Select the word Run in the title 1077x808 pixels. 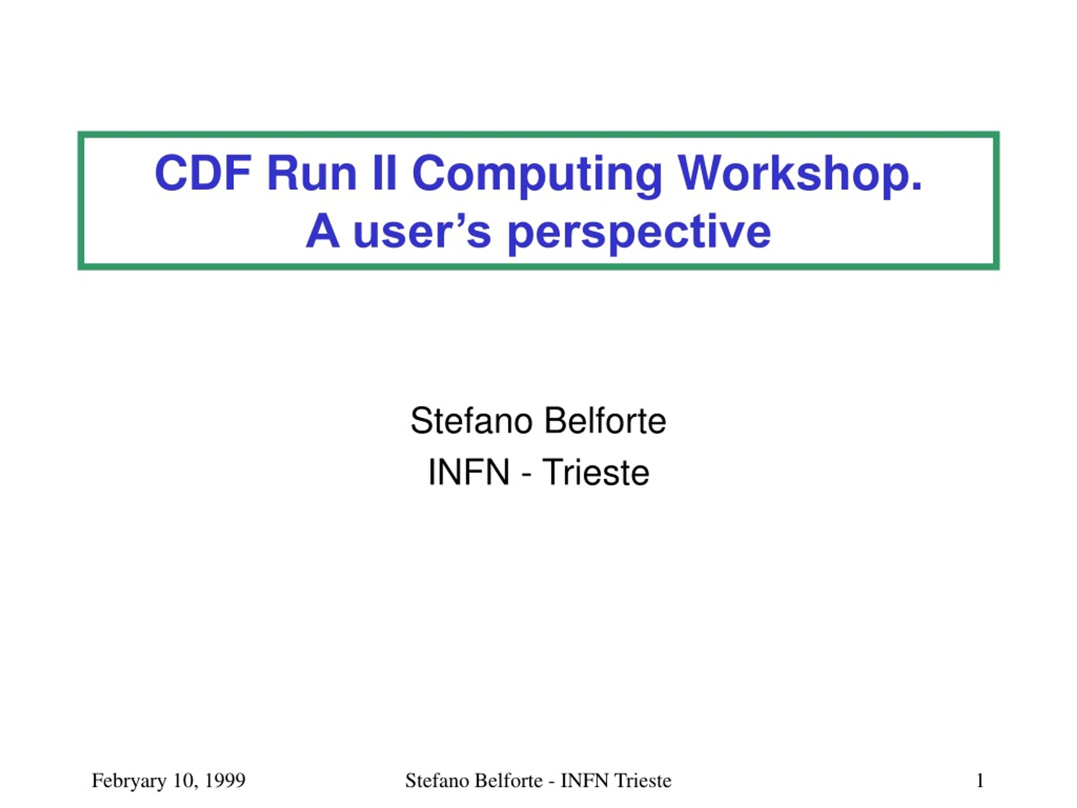pos(312,173)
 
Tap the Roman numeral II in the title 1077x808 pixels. pos(384,173)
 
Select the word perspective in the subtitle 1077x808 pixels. pos(639,234)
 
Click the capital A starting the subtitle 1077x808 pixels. pos(322,231)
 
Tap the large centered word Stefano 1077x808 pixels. pos(471,421)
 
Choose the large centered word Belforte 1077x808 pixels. pos(605,421)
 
